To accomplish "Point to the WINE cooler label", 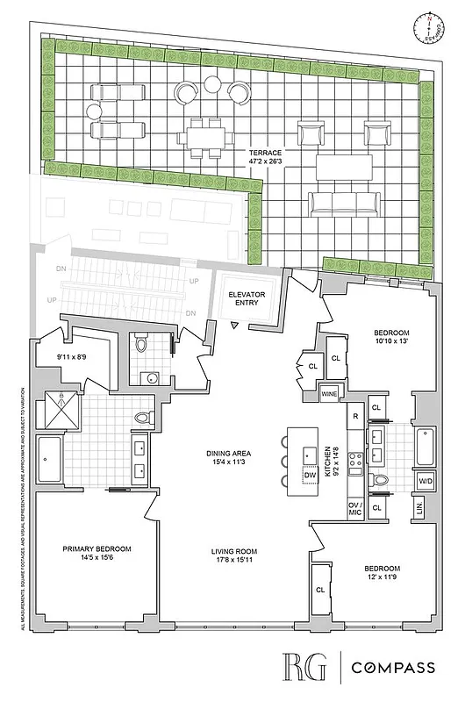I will [329, 393].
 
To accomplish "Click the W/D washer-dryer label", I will [426, 481].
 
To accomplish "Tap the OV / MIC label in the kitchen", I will [356, 510].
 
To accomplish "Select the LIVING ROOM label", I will [232, 552].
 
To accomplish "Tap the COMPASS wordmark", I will [393, 668].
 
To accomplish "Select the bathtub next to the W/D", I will [426, 445].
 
